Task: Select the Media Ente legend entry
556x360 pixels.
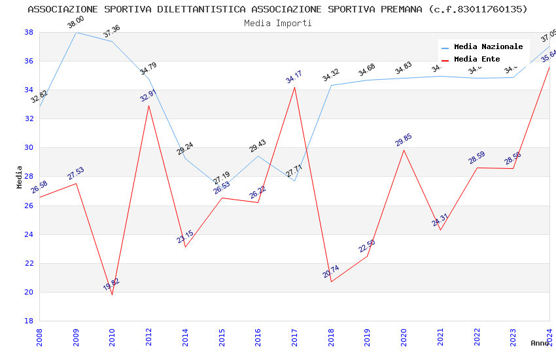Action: pyautogui.click(x=477, y=60)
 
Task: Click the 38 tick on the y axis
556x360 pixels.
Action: pyautogui.click(x=29, y=32)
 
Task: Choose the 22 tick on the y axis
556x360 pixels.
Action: pyautogui.click(x=29, y=263)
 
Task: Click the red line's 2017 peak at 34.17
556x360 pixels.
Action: pyautogui.click(x=295, y=88)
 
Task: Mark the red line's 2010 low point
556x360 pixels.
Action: pyautogui.click(x=112, y=295)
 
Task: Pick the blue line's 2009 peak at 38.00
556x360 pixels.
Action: pyautogui.click(x=76, y=32)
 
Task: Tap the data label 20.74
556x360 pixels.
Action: pyautogui.click(x=331, y=272)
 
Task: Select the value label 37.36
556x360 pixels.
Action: pyautogui.click(x=112, y=31)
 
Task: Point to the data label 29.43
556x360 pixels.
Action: pyautogui.click(x=258, y=146)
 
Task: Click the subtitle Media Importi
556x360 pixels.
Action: pyautogui.click(x=278, y=23)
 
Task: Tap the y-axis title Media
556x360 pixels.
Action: pyautogui.click(x=20, y=177)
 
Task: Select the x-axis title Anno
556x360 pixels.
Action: pyautogui.click(x=540, y=343)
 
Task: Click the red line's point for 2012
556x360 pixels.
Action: pyautogui.click(x=148, y=106)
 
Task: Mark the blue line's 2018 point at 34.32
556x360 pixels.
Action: pyautogui.click(x=331, y=85)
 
